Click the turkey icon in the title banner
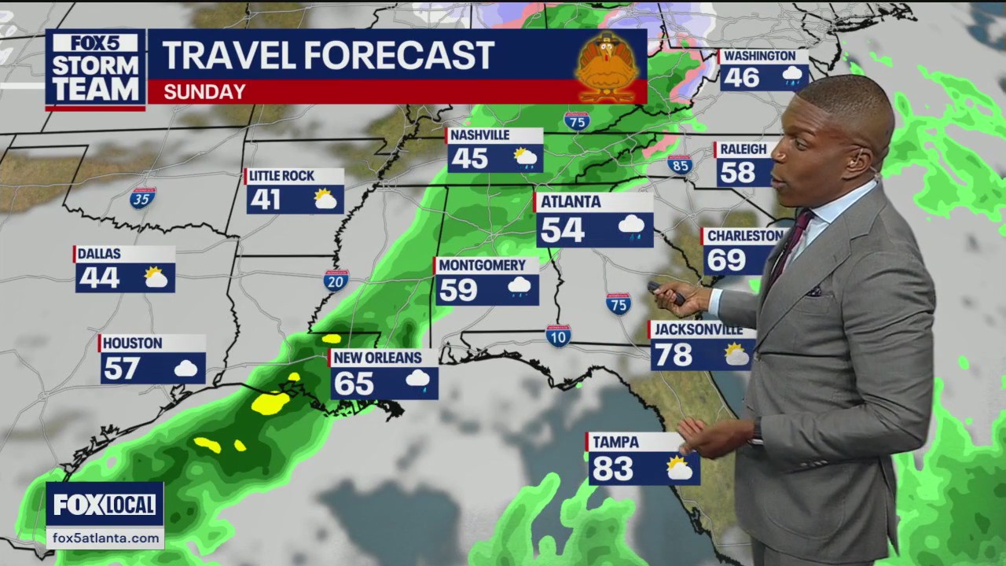tap(606, 67)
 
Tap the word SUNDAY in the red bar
tap(204, 92)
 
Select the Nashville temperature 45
tap(470, 159)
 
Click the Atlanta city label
tap(571, 202)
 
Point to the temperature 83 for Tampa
tap(613, 469)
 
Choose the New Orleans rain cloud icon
tap(417, 381)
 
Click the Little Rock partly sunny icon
tap(325, 199)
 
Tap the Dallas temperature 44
tap(99, 277)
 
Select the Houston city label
tap(132, 344)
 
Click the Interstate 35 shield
tap(143, 197)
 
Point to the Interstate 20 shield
tap(336, 280)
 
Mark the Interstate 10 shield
tap(558, 335)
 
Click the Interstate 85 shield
tap(680, 164)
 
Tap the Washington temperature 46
tap(741, 78)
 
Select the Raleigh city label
tap(743, 149)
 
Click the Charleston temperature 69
tap(726, 259)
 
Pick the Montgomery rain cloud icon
tap(519, 287)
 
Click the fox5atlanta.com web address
tap(104, 538)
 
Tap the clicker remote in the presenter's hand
tap(665, 292)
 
